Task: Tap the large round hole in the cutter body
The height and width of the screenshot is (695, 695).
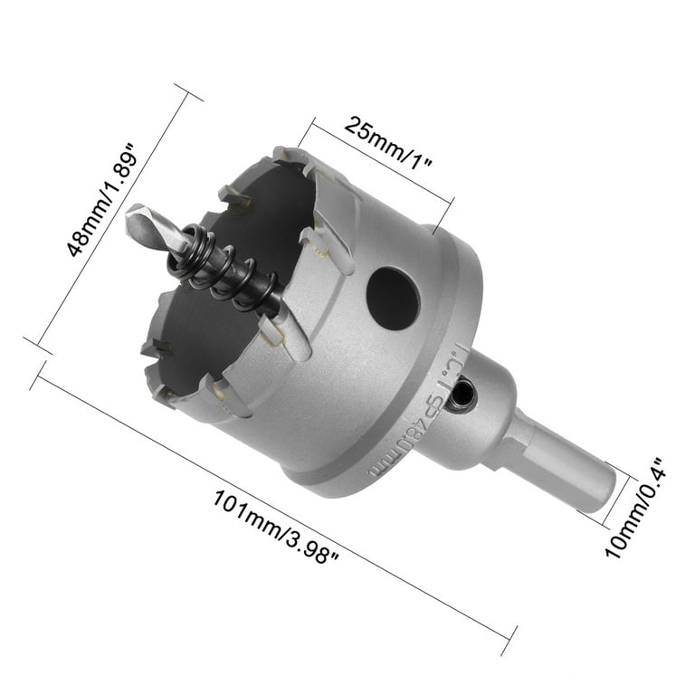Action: (x=393, y=298)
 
